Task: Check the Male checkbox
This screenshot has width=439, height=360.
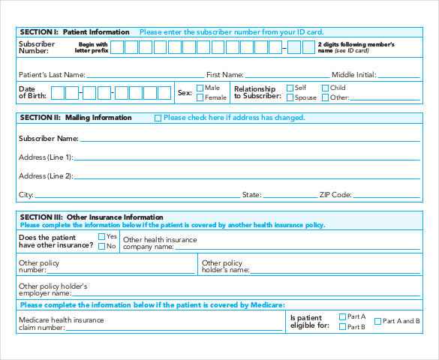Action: coord(200,88)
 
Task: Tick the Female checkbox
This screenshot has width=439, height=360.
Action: coord(200,97)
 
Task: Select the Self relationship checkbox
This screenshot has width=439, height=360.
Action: coord(290,88)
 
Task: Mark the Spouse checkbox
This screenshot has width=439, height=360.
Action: coord(290,97)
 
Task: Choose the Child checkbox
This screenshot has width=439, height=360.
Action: coord(325,88)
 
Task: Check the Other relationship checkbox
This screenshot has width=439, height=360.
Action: coord(325,97)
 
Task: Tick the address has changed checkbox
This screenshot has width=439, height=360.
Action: coord(158,118)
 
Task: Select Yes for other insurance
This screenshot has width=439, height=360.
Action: coord(102,236)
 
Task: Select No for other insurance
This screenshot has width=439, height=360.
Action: coord(102,246)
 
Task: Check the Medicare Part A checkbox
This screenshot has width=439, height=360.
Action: coord(343,316)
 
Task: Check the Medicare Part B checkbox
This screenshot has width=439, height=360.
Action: coord(343,326)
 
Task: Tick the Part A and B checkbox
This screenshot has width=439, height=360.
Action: coord(378,321)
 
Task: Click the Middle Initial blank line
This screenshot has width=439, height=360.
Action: coord(398,76)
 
